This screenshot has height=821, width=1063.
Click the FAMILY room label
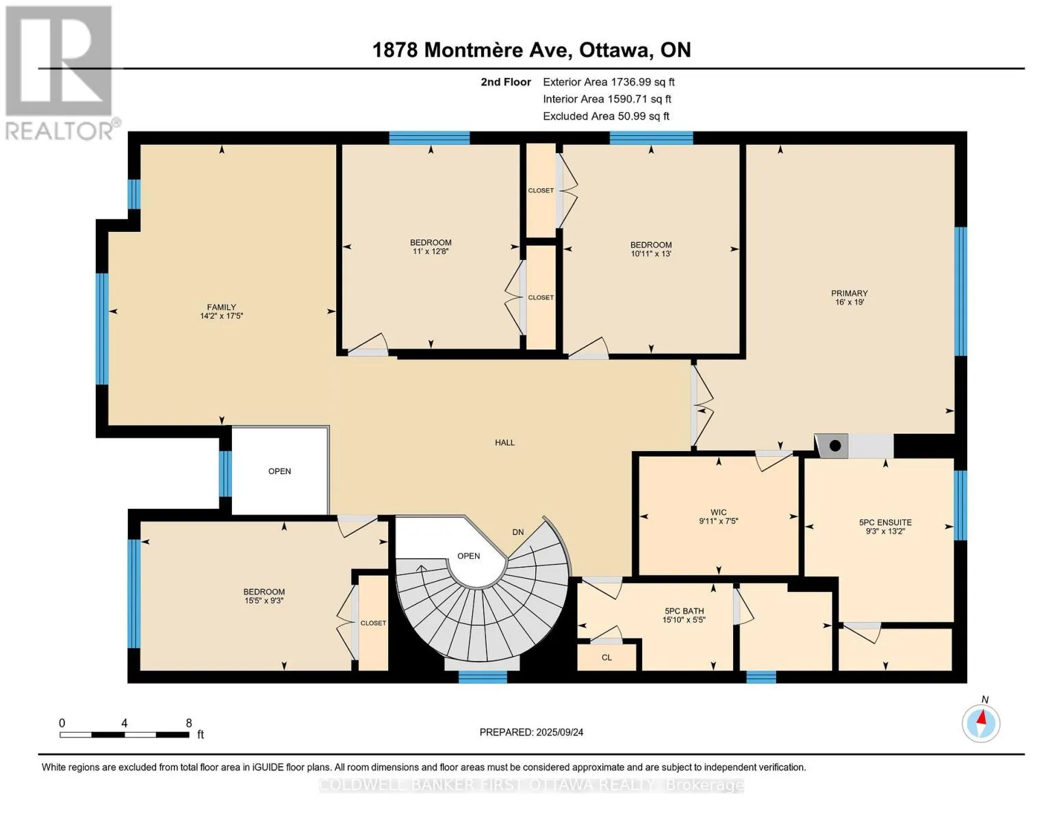coord(221,307)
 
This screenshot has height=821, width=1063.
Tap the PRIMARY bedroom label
coord(849,293)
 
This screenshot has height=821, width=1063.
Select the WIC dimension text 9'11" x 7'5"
coord(718,521)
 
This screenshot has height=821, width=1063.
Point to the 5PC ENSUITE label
coord(886,522)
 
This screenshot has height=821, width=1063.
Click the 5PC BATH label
coord(684,611)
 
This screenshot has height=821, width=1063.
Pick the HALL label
coord(505,443)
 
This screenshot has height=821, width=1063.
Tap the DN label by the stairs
coord(518,532)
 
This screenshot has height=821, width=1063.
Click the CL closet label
coord(606,657)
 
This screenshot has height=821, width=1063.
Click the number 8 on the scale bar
coord(189,722)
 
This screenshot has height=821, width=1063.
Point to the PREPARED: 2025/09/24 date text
coord(531,732)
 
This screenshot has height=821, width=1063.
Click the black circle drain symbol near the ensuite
coord(836,445)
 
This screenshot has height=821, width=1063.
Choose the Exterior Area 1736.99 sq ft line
coord(609,82)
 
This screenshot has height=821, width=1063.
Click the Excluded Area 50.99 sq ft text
coord(606,116)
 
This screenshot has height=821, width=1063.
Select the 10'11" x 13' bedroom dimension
coord(651,254)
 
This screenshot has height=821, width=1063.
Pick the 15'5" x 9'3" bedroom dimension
coord(264,601)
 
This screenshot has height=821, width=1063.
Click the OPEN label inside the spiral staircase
coord(469,556)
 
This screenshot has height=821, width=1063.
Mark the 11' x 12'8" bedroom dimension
coord(431,251)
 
